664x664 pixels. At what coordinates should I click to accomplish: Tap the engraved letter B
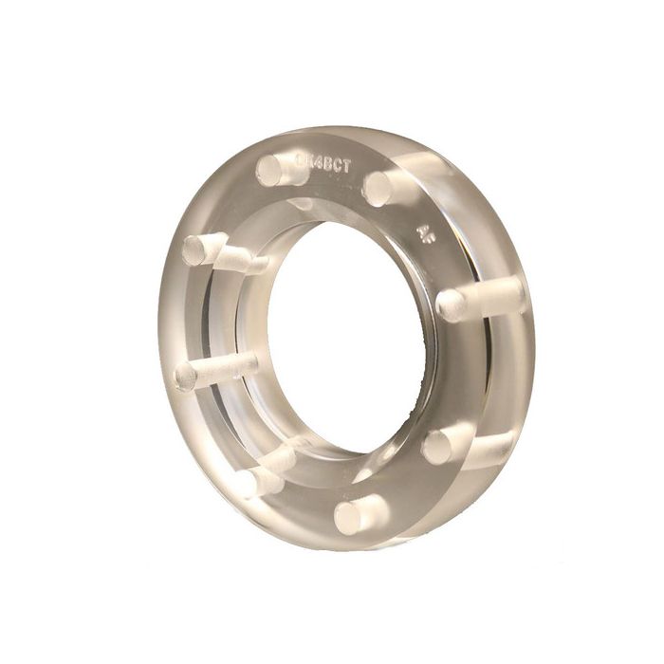[320, 162]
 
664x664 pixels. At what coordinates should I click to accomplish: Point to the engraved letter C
[330, 163]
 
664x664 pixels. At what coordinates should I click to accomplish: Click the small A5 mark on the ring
[427, 230]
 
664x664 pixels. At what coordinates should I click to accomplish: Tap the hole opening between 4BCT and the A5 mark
[378, 189]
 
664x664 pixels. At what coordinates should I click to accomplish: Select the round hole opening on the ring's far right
[452, 304]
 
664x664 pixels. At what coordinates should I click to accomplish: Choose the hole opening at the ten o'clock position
[197, 250]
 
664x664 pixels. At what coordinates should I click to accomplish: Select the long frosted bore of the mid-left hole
[228, 365]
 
